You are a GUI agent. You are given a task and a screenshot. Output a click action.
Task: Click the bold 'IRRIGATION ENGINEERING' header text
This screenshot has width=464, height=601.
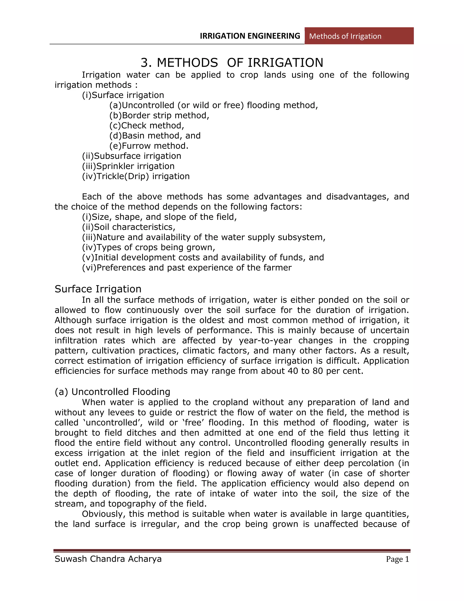[x=250, y=36]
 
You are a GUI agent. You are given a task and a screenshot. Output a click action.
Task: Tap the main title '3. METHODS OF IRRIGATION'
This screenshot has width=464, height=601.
[x=232, y=63]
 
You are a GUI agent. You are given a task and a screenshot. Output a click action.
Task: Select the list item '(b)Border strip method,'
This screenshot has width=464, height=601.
[x=159, y=115]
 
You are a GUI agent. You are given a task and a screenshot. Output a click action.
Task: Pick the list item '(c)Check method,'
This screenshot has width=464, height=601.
[x=147, y=125]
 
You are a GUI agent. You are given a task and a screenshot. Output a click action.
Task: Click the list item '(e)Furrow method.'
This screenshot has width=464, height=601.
[x=149, y=146]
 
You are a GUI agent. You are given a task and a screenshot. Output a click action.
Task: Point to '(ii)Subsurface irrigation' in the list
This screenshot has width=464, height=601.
[x=131, y=156]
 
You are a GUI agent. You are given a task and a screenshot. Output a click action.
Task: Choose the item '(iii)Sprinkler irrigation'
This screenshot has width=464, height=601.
[x=128, y=166]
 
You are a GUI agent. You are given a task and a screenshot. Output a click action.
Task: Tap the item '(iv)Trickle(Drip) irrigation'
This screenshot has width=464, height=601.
[x=136, y=176]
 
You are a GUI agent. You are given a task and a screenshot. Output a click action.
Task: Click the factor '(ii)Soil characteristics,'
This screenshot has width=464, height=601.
[x=128, y=227]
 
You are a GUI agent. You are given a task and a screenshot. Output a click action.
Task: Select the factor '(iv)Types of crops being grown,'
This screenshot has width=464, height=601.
[x=148, y=247]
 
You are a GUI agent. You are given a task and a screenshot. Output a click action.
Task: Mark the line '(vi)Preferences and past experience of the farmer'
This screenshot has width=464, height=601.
[x=187, y=268]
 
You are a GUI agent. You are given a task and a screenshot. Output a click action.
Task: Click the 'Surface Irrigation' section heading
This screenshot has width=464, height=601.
[x=98, y=289]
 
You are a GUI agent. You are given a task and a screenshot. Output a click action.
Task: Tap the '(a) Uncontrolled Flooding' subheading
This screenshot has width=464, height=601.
[x=112, y=392]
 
